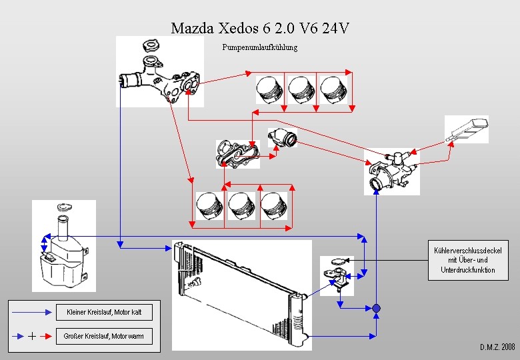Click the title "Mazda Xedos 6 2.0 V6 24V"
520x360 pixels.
(260, 28)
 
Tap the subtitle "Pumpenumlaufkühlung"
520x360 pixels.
(260, 47)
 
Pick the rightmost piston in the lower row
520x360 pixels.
(273, 206)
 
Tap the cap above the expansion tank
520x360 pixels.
(64, 208)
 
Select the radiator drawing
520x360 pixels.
(241, 293)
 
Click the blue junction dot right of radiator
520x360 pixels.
(376, 308)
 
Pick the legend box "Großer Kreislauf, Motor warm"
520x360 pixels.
(103, 336)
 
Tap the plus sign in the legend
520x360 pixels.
(32, 336)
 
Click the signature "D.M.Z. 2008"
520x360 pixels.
(497, 347)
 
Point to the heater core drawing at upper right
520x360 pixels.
(467, 129)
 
